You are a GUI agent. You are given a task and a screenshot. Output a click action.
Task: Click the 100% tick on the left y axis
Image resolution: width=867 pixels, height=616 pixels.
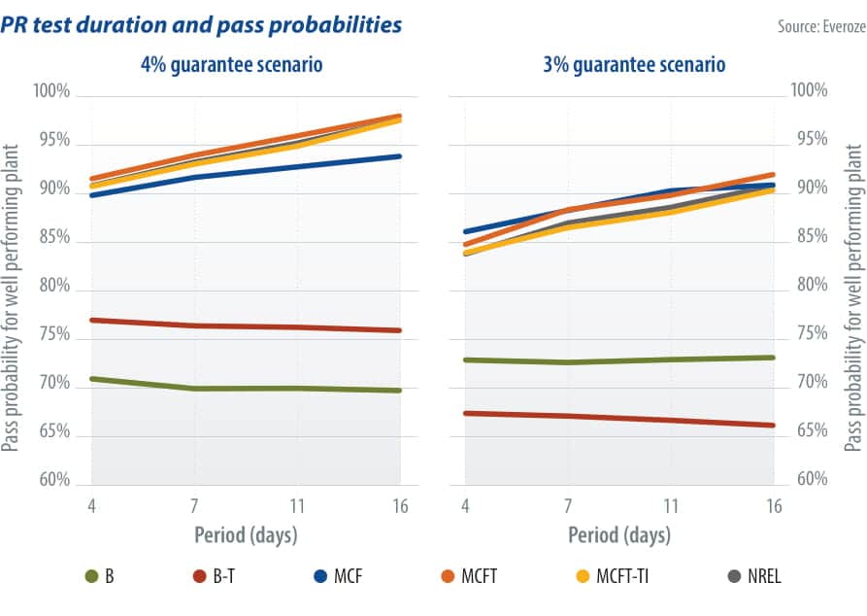(52, 92)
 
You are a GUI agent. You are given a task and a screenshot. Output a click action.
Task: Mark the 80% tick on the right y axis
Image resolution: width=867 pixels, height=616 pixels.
(808, 286)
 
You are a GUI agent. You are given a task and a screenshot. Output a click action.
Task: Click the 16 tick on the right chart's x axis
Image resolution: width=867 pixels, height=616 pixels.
(774, 506)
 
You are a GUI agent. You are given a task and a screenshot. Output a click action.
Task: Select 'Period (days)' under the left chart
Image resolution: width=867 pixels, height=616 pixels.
(245, 535)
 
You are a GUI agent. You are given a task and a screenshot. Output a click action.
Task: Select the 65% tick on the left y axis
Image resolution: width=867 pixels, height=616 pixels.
(55, 432)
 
